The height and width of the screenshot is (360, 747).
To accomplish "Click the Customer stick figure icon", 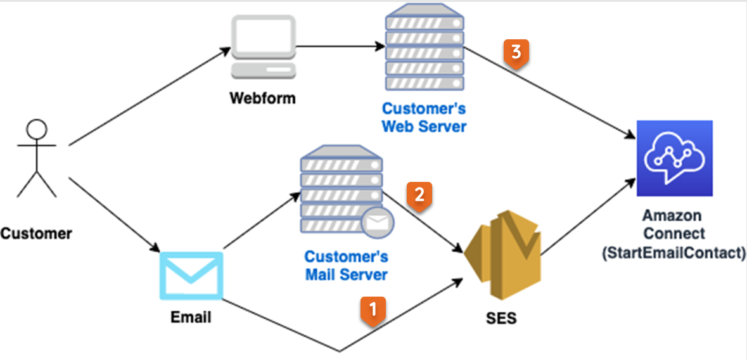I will tap(37, 158).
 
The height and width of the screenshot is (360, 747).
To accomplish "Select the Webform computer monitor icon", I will tap(264, 47).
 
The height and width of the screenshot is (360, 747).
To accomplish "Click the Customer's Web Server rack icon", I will tap(424, 49).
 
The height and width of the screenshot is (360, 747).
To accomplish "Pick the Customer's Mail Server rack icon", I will tap(342, 190).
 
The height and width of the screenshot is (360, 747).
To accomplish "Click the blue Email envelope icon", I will tap(191, 276).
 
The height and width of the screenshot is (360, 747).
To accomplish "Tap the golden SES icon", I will tap(502, 253).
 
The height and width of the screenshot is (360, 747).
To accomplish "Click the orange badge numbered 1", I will tap(373, 310).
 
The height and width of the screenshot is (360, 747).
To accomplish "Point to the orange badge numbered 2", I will tap(419, 195).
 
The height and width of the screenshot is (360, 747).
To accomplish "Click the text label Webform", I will tap(262, 99).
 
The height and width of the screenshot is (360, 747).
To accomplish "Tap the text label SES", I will tap(501, 318).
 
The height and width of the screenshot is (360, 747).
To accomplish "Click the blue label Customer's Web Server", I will tap(424, 117).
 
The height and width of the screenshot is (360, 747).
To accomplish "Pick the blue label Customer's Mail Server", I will tap(346, 266).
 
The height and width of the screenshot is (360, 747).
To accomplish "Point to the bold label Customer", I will tap(36, 233).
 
